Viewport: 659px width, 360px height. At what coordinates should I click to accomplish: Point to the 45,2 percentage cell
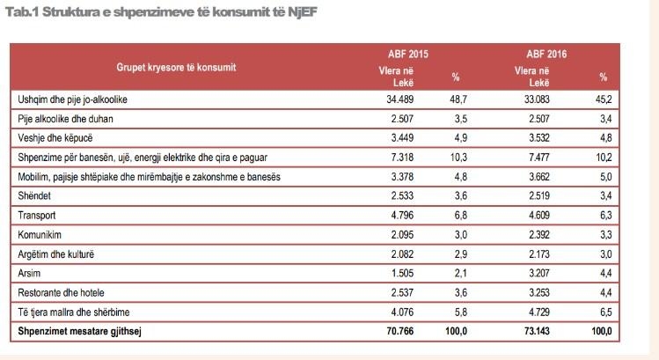click(604, 99)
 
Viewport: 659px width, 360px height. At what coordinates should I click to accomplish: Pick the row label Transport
click(37, 215)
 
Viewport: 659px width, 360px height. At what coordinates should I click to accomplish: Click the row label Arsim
click(30, 273)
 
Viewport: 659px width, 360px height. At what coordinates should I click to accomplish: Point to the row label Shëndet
click(36, 195)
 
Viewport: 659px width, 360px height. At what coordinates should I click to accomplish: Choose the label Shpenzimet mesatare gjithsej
click(79, 331)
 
